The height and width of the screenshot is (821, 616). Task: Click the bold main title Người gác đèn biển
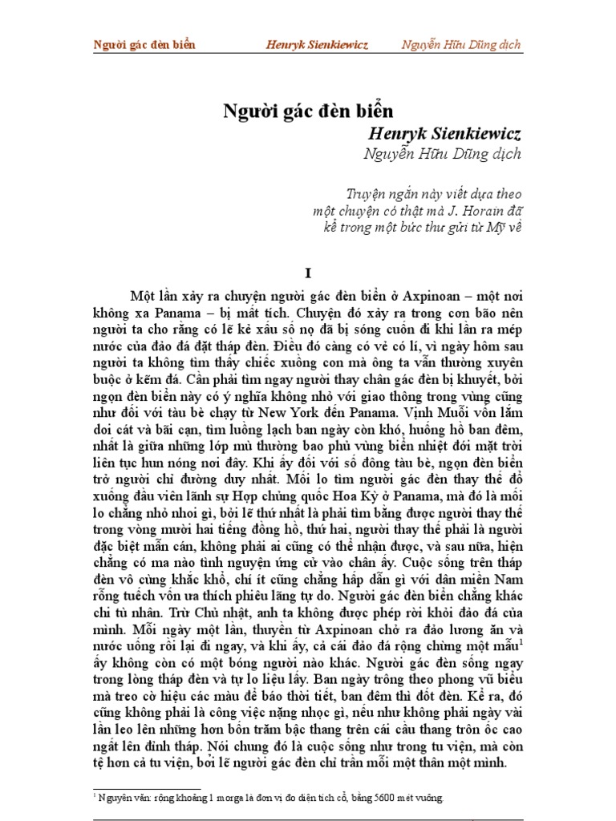click(308, 111)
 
